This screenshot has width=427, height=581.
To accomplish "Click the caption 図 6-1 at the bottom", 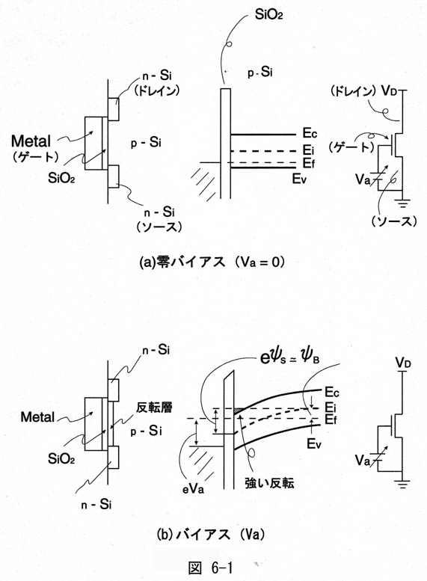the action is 211,568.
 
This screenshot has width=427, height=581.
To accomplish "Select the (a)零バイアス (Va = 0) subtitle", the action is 212,262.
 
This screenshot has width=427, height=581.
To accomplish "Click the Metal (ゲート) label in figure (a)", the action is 35,148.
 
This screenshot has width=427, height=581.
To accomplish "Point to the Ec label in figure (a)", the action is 310,133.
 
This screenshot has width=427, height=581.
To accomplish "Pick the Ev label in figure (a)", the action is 299,179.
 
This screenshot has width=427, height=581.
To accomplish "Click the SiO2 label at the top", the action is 268,14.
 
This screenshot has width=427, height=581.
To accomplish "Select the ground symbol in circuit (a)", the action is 402,203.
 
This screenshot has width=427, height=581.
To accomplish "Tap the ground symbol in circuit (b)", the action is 402,484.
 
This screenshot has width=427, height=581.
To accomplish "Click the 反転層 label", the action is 154,408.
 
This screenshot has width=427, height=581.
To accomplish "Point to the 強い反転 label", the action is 269,483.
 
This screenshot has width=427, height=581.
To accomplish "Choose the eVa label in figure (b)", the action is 193,489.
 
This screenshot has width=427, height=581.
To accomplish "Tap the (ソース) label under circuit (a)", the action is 393,221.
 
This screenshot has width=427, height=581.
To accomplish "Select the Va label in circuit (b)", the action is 363,460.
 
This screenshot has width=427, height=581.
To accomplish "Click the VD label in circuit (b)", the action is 403,363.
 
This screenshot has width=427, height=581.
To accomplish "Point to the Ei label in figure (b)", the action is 331,408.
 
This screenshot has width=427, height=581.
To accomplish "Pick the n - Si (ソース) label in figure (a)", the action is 159,219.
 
